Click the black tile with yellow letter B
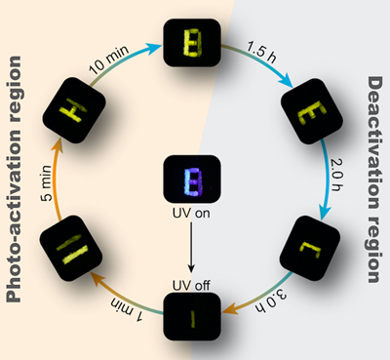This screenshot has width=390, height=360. (192, 43)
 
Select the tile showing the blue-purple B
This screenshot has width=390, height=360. (192, 179)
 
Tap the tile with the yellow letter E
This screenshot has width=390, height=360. (312, 111)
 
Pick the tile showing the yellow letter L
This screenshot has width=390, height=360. (310, 248)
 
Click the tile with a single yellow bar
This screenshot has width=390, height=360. (192, 316)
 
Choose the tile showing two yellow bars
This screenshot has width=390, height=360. (71, 249)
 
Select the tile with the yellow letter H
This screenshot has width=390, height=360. (74, 110)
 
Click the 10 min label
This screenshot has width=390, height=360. (109, 60)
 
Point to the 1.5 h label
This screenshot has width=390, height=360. (261, 52)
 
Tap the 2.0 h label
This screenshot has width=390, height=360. (337, 175)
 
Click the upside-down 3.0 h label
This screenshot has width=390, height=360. (272, 300)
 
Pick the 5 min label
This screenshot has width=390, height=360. (47, 182)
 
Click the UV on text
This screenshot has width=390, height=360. (191, 214)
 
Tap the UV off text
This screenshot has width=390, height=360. (191, 285)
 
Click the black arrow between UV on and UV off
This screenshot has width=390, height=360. (191, 247)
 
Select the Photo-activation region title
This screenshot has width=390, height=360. (14, 180)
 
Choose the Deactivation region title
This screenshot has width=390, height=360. (373, 180)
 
